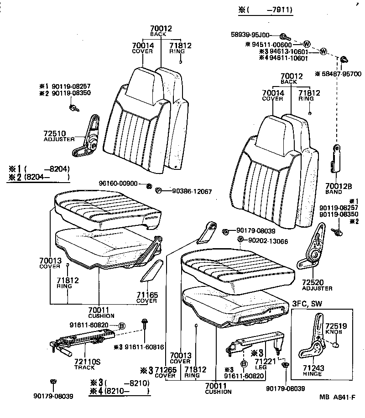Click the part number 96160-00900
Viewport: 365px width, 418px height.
(118, 183)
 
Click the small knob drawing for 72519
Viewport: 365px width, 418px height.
(337, 345)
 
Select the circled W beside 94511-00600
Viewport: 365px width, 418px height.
(307, 44)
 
